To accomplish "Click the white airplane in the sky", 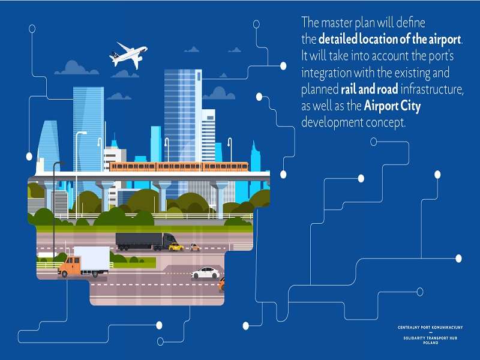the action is coord(128,56).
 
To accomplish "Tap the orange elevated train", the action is coord(179,167).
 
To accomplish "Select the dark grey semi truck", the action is coord(146,241).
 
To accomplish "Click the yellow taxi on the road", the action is coord(176,247).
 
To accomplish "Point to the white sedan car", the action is coord(205,273).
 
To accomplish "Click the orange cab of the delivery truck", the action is coord(70,266).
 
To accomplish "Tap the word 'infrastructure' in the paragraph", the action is coord(432,89).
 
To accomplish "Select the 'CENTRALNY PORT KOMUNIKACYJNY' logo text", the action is coord(430,328).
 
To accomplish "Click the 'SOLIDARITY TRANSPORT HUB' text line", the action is coord(430,338).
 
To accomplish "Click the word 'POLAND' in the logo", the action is coord(430,343).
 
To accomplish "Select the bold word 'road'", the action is coord(388,89).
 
